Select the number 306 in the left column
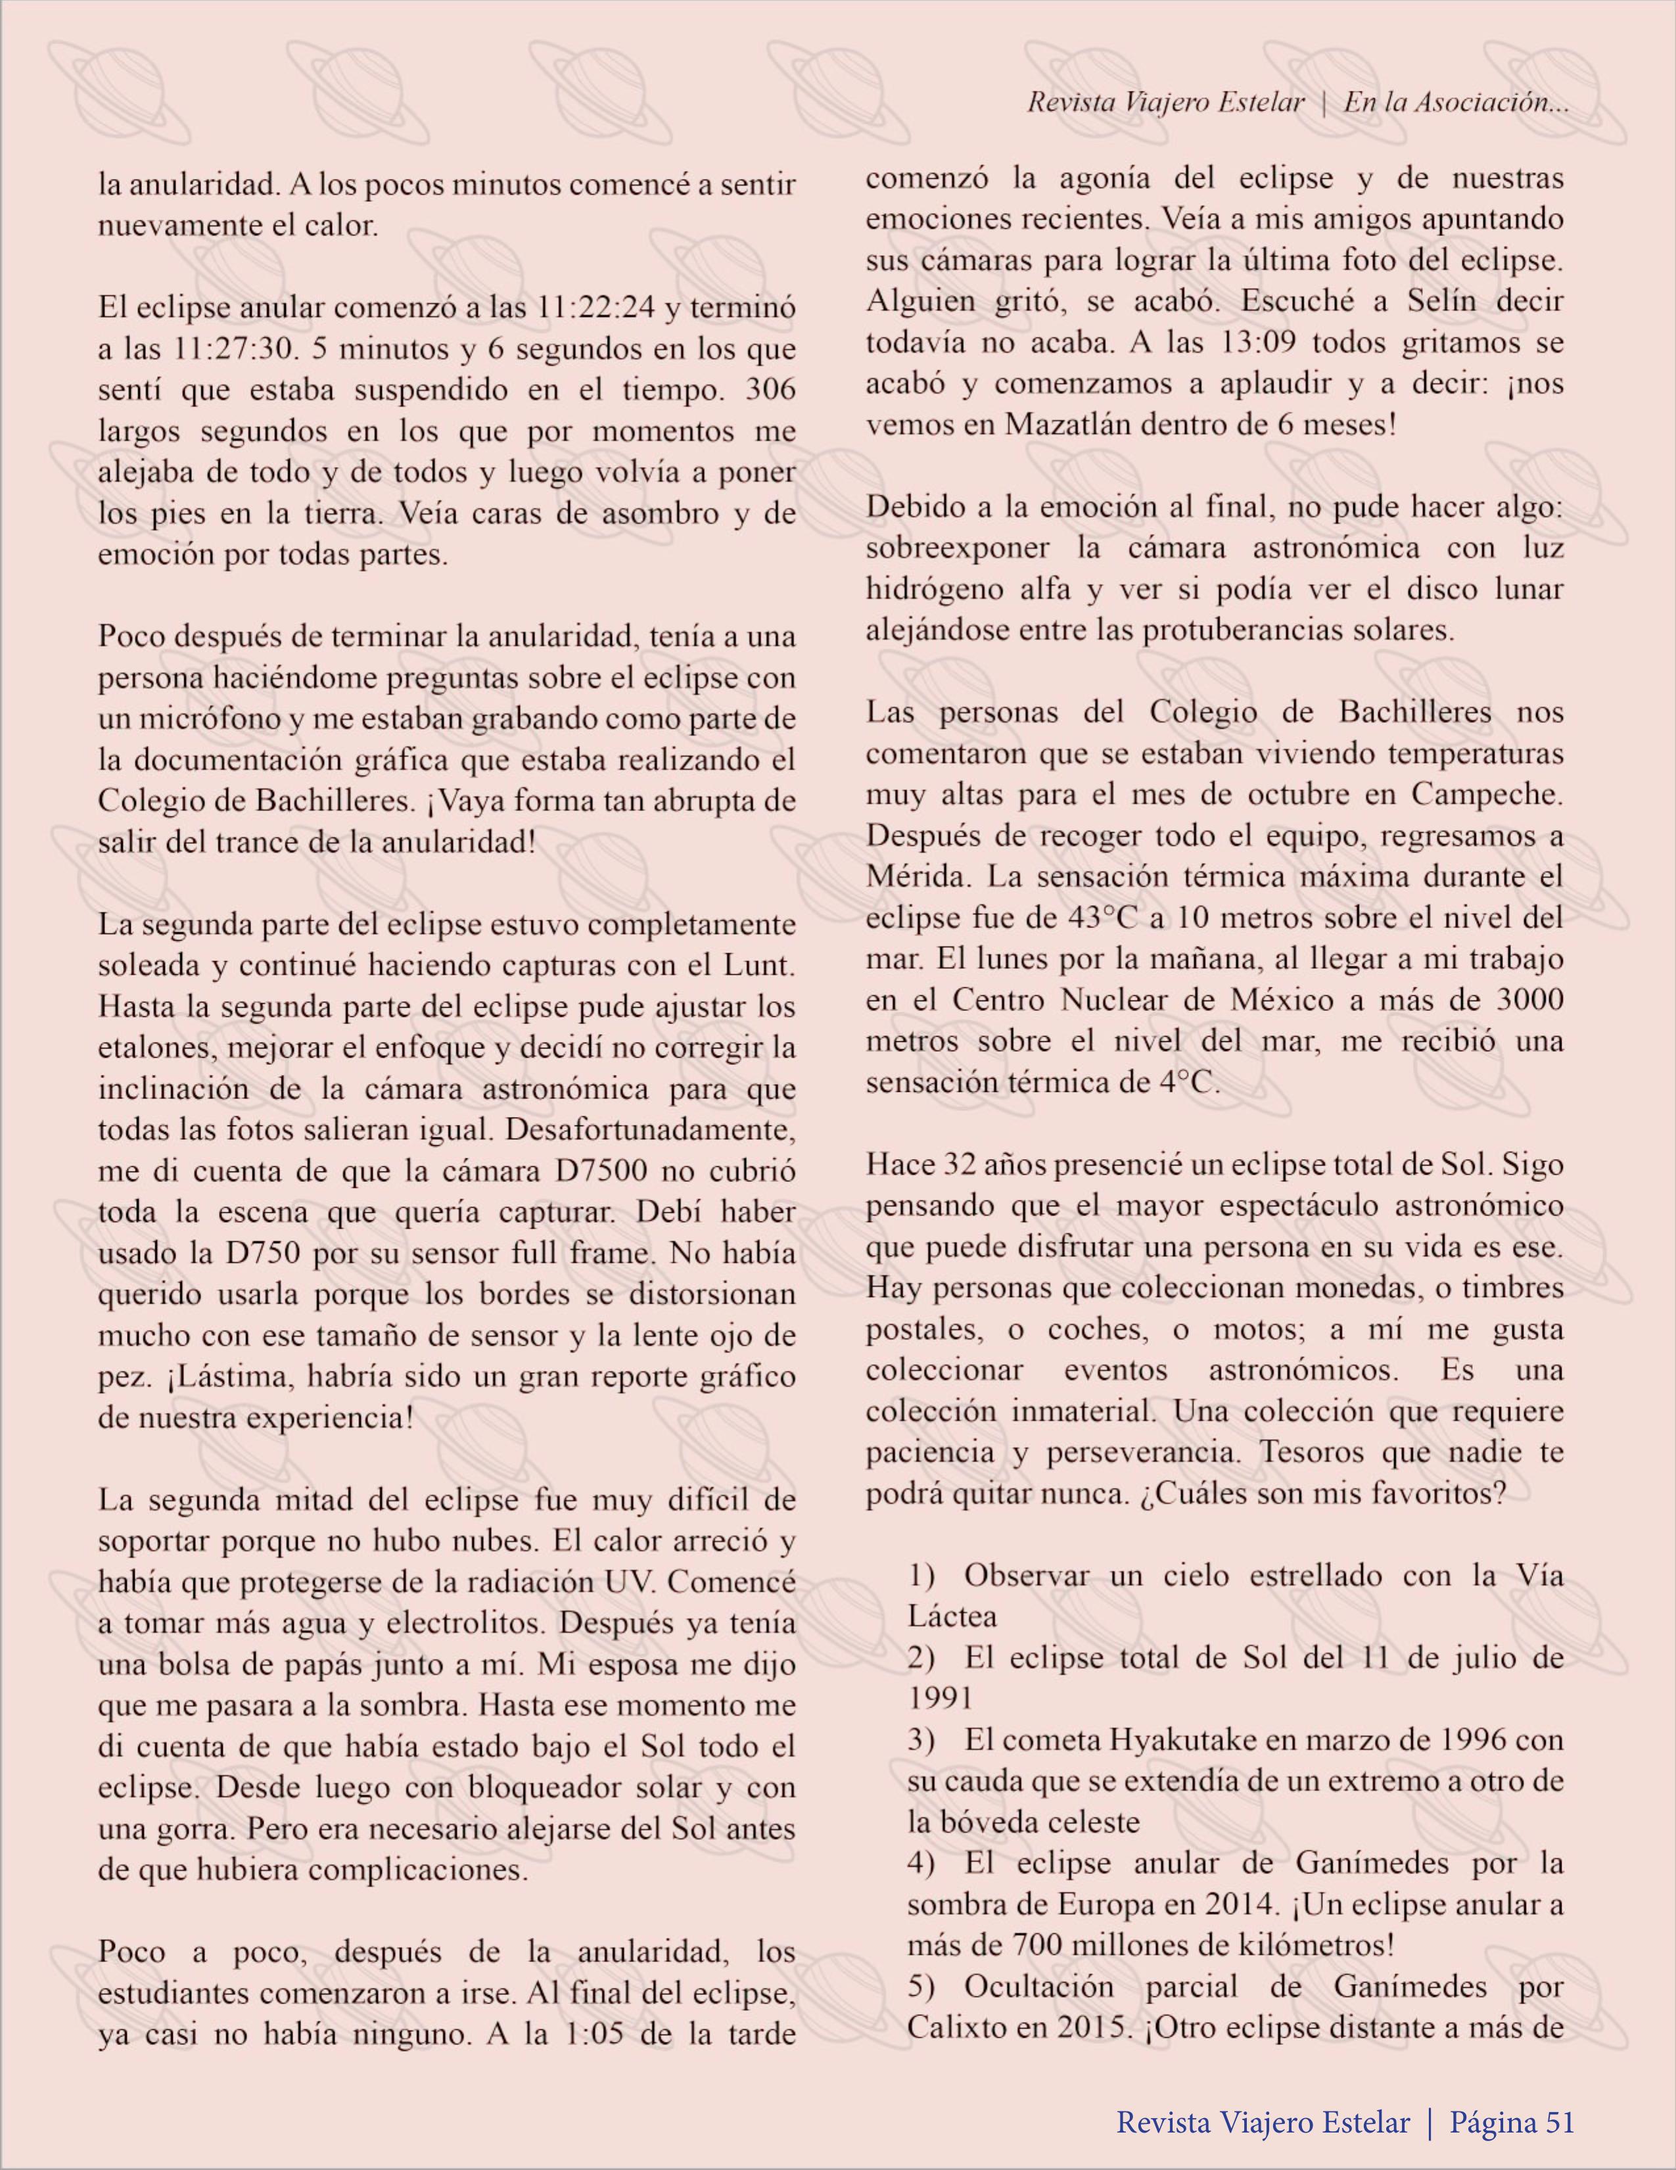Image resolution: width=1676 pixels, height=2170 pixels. click(771, 390)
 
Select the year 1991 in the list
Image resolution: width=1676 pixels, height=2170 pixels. click(940, 1698)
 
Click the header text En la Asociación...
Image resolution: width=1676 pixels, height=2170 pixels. click(1455, 103)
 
